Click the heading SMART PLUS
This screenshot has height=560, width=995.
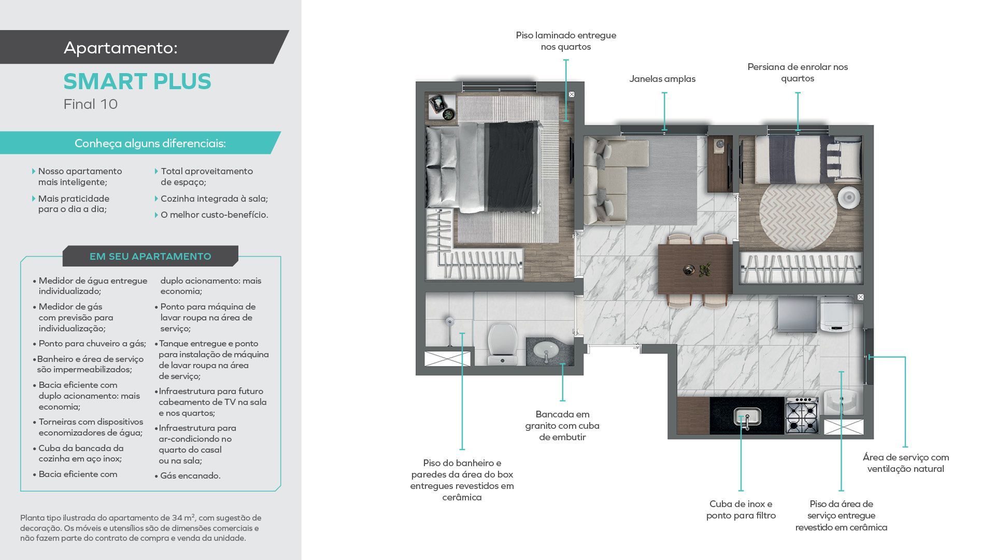137,81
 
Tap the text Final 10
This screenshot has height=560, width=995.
91,104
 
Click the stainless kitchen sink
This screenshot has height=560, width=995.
747,416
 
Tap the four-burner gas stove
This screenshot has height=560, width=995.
802,415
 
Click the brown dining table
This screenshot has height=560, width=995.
695,269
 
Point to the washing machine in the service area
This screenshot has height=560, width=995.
837,313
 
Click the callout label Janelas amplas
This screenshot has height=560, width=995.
662,79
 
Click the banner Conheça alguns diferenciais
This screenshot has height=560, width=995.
150,143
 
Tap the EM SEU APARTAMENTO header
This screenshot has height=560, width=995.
150,256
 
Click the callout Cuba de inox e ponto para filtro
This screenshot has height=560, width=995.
741,510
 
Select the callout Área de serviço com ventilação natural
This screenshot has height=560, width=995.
905,463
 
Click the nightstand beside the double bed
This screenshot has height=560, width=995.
442,108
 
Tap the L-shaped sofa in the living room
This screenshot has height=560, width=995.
614,179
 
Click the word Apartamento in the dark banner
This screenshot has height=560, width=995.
121,48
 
